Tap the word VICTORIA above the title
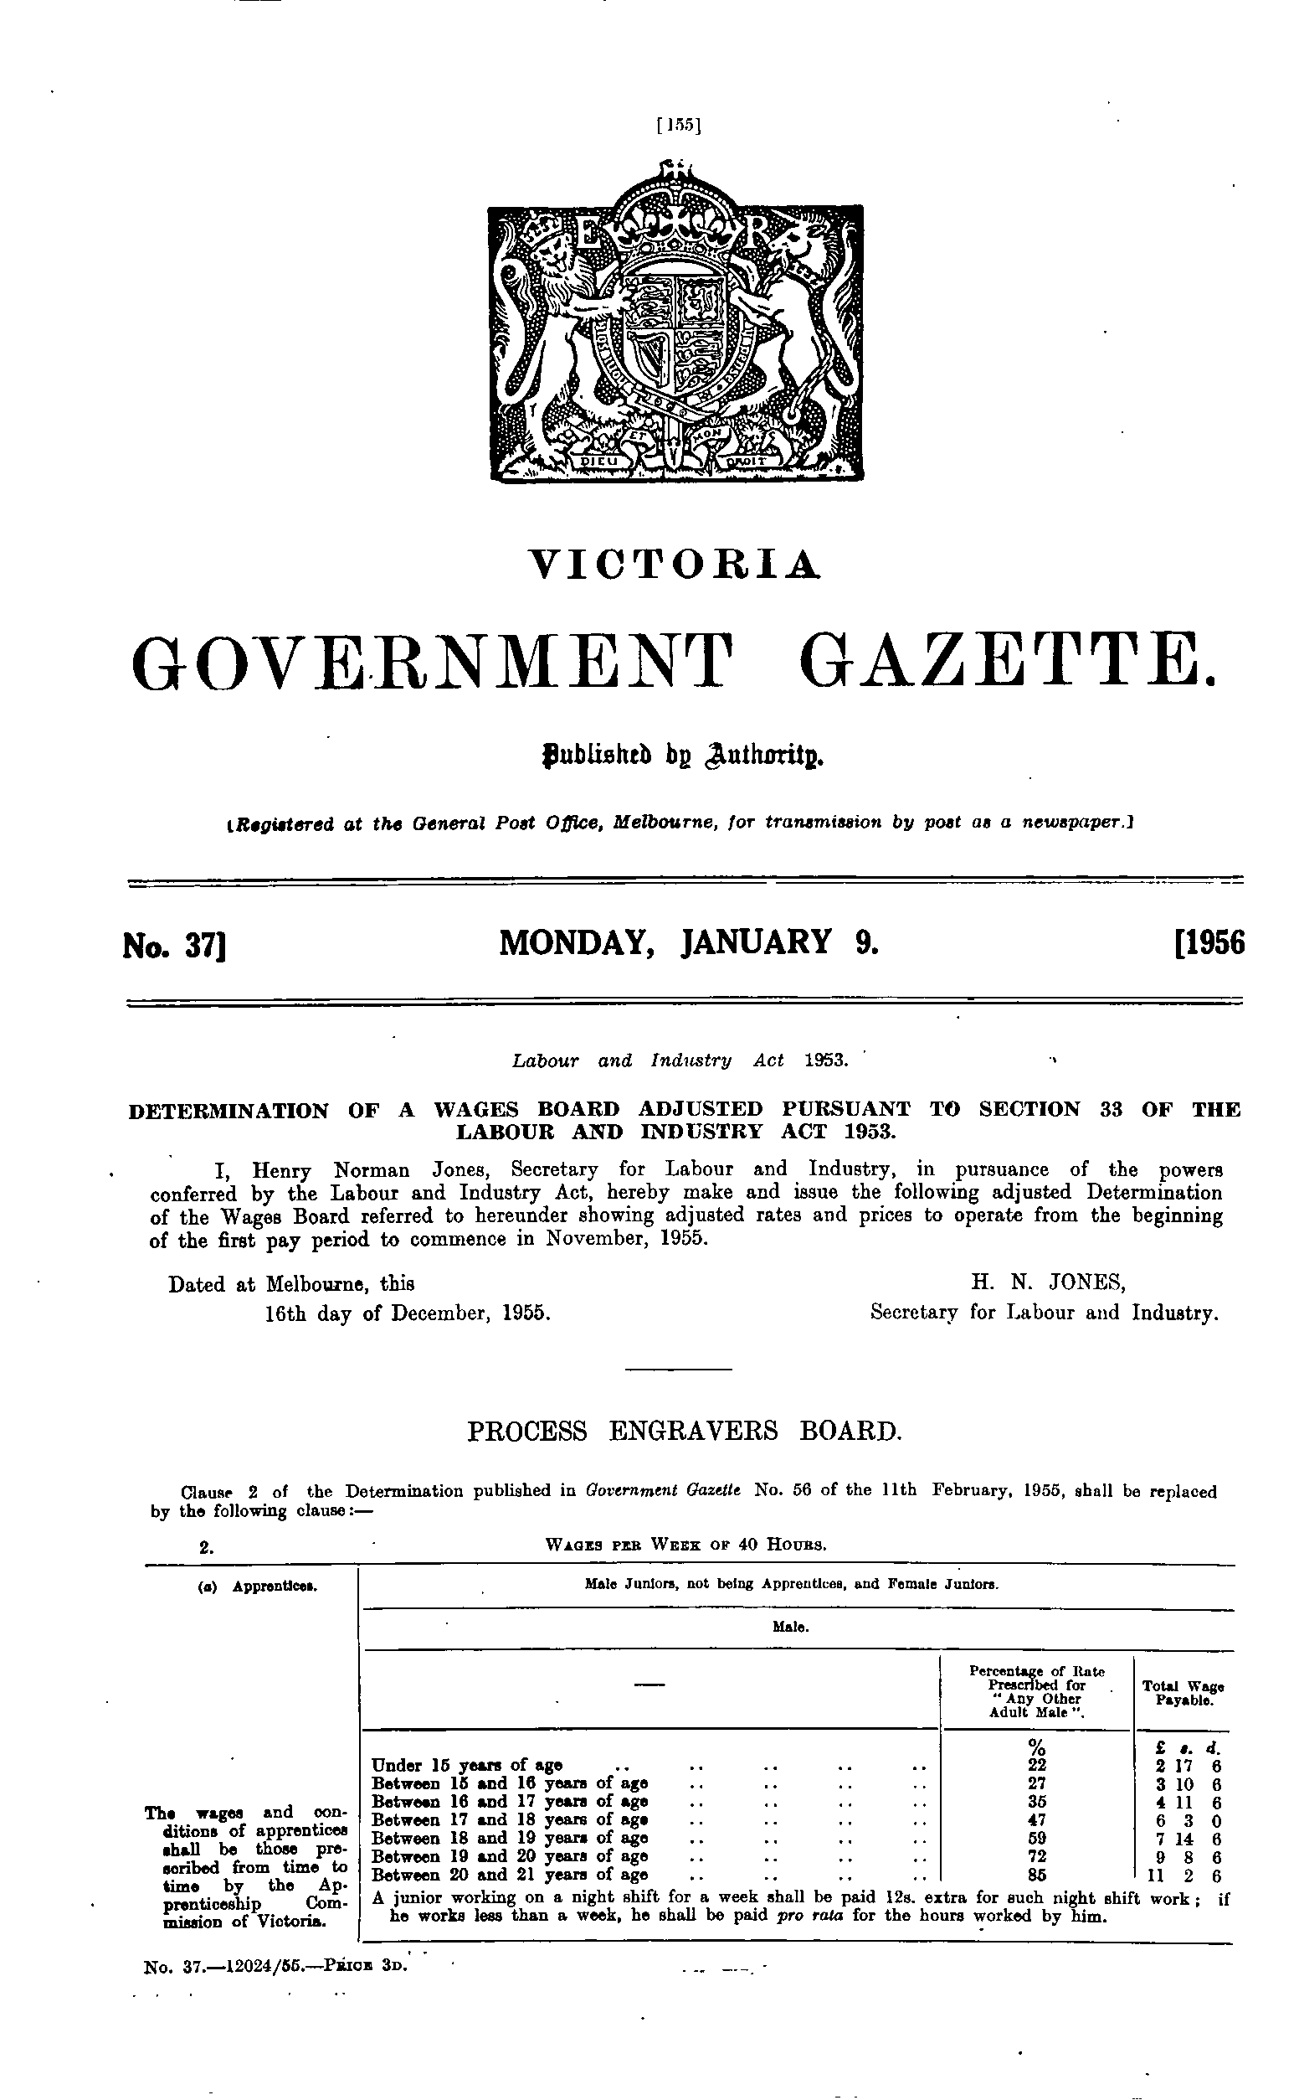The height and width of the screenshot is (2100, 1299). (x=675, y=565)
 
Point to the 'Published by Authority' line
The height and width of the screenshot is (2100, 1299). (x=675, y=756)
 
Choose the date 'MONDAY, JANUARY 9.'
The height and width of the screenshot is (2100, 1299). (x=689, y=943)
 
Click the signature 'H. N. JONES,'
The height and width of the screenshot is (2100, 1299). (x=1048, y=1283)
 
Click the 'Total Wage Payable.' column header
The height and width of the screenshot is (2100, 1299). (x=1183, y=1694)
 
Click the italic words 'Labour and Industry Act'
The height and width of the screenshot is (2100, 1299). (x=648, y=1060)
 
